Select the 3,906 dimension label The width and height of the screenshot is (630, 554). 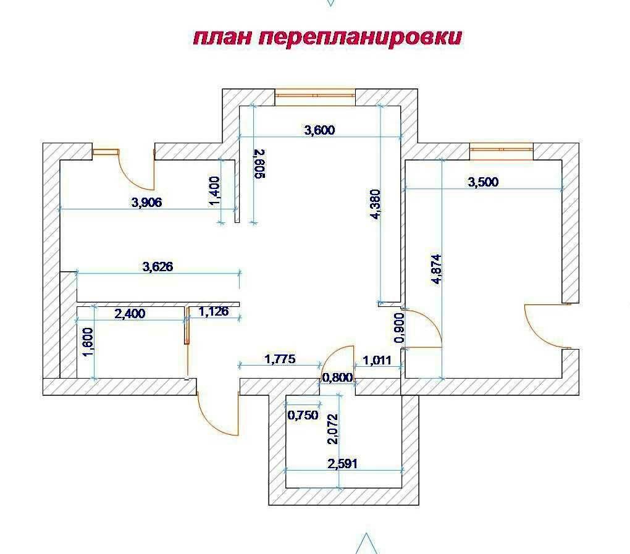(x=147, y=202)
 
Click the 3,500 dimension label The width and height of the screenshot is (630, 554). (x=483, y=182)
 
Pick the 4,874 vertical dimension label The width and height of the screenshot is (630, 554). (x=437, y=269)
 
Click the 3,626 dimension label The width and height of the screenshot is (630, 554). (x=157, y=267)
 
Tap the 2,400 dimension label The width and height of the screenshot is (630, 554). (x=130, y=314)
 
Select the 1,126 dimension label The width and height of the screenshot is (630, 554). (x=213, y=312)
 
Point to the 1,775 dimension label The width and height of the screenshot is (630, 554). (x=280, y=358)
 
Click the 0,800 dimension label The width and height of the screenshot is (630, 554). (x=337, y=377)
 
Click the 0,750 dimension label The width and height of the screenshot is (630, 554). (x=303, y=415)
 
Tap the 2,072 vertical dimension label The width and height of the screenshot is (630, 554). (x=333, y=430)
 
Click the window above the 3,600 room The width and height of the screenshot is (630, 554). (x=315, y=95)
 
